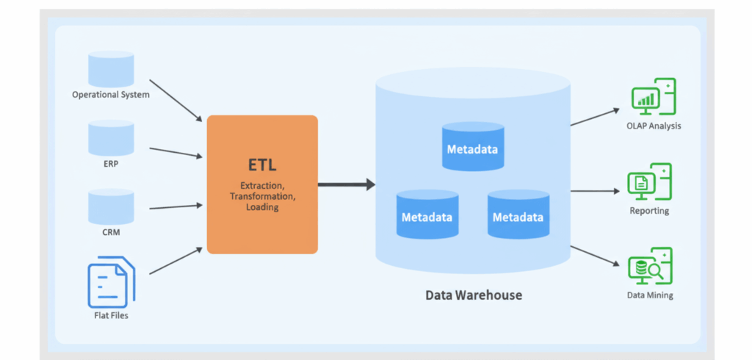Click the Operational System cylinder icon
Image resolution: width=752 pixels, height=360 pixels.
coord(111,68)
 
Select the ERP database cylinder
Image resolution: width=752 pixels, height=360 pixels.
coord(111,138)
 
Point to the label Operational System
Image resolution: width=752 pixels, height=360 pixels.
coord(111,95)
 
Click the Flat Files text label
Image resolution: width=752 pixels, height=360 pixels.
coord(111,316)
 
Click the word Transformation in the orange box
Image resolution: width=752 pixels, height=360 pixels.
coord(262,197)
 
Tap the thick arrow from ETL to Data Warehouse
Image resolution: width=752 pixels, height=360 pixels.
coord(346,184)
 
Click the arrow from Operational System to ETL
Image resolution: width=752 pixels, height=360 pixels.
coord(176,100)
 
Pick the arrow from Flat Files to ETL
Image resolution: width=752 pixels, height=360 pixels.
coord(176,262)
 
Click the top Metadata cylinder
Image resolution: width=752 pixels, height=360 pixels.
coord(472,147)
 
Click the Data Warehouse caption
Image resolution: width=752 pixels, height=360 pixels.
coord(474,295)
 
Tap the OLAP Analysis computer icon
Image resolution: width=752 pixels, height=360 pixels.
coord(653,97)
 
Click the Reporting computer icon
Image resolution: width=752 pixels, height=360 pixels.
coord(649,181)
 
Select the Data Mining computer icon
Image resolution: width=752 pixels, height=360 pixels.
coord(650,266)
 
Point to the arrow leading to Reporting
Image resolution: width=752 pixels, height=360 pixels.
coord(595,191)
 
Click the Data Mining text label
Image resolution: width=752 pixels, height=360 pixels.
coord(649,295)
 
